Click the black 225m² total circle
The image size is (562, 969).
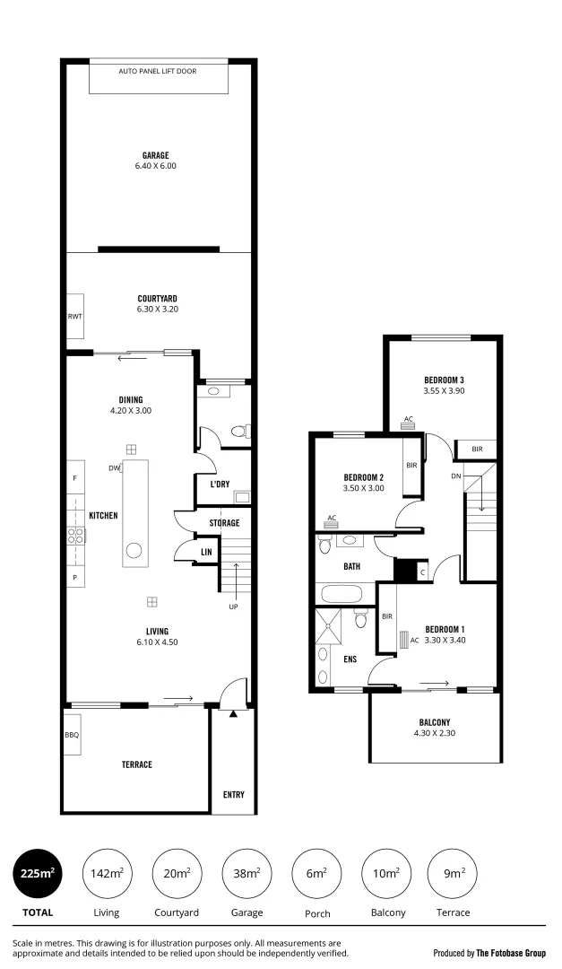tap(38, 873)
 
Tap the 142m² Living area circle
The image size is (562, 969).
tap(106, 873)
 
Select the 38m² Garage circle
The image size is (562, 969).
tap(246, 873)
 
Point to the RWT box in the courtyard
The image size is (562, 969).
tap(74, 317)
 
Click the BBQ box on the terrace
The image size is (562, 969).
tap(72, 734)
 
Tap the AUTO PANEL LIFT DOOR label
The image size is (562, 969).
tap(158, 70)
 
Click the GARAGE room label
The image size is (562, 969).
tap(155, 155)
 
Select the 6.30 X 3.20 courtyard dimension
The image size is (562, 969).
tap(157, 310)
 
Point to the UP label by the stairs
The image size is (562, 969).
tap(233, 607)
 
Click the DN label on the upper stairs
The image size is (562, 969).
tap(455, 476)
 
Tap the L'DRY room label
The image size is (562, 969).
tap(220, 484)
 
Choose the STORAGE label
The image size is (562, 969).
tap(224, 522)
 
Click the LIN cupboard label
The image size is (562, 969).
tap(205, 552)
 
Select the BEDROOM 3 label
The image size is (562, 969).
tap(444, 380)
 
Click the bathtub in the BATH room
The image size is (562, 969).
tap(340, 594)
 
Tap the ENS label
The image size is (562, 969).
tap(350, 659)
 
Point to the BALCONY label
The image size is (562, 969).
tap(435, 722)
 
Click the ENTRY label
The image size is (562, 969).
tap(233, 795)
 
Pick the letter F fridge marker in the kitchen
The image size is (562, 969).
tap(74, 478)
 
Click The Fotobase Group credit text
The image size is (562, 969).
tap(510, 953)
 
